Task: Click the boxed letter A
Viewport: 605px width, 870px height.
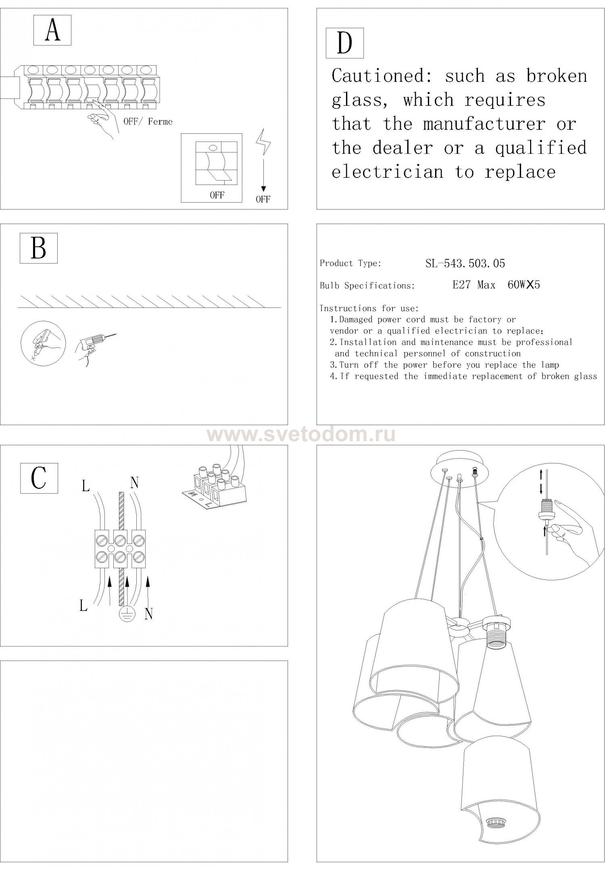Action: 52,30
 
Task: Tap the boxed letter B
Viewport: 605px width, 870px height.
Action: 39,248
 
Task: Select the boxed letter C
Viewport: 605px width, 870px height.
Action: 39,478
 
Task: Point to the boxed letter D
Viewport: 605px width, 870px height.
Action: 344,43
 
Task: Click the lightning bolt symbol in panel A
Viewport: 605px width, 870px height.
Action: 263,142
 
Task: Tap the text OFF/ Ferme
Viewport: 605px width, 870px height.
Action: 148,122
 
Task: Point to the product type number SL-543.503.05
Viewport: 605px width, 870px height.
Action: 465,264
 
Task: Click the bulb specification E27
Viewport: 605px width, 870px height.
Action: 461,285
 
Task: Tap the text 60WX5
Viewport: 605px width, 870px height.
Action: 524,285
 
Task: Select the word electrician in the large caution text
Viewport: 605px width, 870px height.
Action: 387,172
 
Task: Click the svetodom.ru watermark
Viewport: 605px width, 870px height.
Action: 301,434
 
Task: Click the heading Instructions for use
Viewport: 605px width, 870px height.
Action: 369,309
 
